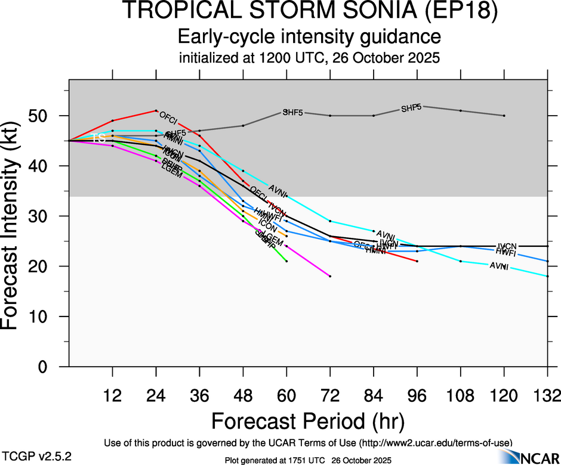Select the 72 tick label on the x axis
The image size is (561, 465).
click(x=329, y=395)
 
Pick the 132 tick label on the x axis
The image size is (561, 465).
click(x=547, y=395)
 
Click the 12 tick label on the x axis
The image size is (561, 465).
click(x=112, y=395)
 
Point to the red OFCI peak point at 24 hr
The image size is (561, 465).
click(x=156, y=110)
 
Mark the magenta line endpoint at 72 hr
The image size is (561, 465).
click(x=330, y=276)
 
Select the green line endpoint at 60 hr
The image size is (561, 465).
click(x=286, y=261)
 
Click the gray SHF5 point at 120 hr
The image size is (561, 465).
click(x=504, y=115)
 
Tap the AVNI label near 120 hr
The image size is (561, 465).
click(x=499, y=266)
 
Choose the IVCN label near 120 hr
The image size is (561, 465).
click(x=507, y=246)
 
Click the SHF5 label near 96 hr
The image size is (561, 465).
click(x=411, y=108)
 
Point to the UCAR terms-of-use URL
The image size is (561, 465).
click(x=435, y=443)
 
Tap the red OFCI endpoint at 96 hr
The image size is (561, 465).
click(x=417, y=261)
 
